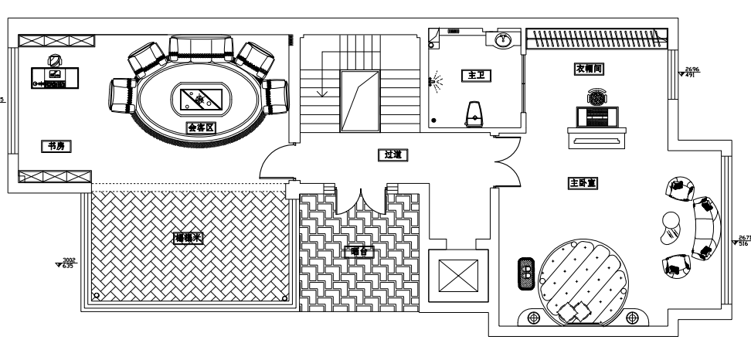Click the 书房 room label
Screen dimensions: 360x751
(x=54, y=145)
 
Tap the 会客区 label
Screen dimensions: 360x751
(x=200, y=127)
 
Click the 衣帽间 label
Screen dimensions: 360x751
(x=588, y=69)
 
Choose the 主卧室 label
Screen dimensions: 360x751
(x=584, y=184)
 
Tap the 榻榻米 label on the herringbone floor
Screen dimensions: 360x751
(x=188, y=239)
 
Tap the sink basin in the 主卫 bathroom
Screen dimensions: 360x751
(x=505, y=39)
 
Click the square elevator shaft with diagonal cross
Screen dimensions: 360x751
(x=458, y=274)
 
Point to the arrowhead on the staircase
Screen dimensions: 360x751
(x=323, y=93)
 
